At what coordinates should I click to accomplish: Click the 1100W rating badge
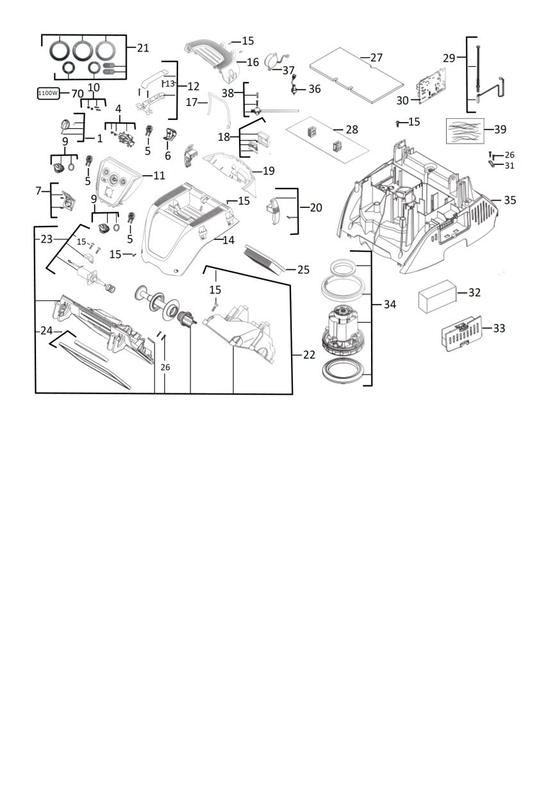48,93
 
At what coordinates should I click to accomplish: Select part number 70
78,94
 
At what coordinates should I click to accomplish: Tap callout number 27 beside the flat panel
376,57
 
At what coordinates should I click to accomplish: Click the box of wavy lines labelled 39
465,130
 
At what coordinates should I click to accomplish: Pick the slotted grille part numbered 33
461,333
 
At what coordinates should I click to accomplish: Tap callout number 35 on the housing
510,200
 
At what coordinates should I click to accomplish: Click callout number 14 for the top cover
228,240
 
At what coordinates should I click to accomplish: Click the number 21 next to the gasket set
143,47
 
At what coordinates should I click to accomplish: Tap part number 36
315,89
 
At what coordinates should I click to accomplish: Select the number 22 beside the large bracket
309,355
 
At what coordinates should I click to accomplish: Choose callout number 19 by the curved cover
269,171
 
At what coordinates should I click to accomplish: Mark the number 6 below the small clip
168,155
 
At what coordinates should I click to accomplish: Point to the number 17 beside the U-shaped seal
192,102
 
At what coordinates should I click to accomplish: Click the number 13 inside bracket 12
170,83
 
